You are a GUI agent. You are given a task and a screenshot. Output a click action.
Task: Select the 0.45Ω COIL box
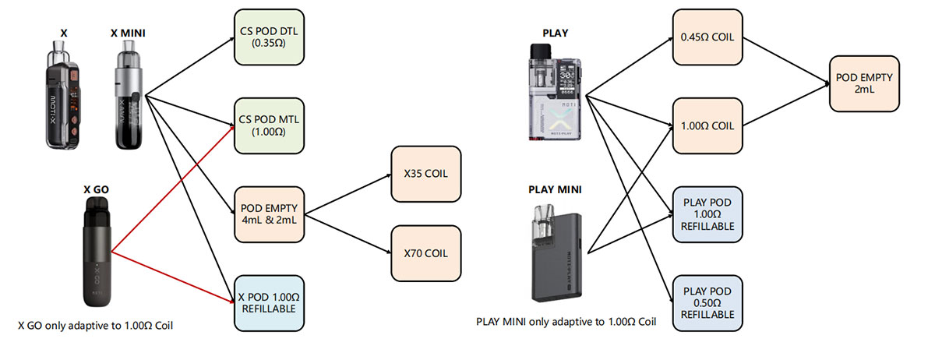[x=706, y=38]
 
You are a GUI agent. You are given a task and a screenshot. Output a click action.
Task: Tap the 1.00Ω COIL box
[x=706, y=125]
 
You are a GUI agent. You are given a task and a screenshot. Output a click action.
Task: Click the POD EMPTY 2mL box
[x=863, y=83]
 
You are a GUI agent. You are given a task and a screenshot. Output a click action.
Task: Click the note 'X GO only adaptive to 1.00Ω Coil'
[x=95, y=326]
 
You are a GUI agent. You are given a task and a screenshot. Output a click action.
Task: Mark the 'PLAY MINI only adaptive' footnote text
[x=566, y=322]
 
